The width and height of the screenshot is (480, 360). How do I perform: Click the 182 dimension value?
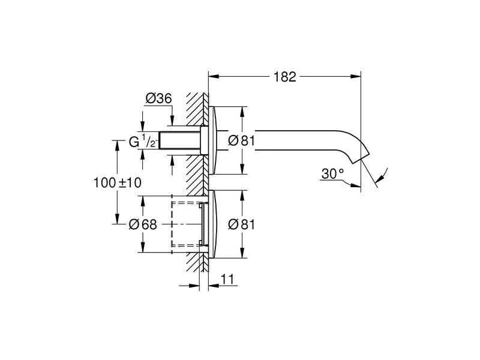[285, 77]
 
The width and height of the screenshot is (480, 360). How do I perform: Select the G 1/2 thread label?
[143, 142]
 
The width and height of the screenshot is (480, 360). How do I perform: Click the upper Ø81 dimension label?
[242, 142]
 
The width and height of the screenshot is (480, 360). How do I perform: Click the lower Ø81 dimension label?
[242, 224]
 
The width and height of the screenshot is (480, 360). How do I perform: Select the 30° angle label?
[332, 173]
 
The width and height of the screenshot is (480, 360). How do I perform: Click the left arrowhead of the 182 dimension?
[212, 76]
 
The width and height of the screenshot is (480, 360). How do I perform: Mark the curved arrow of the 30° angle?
[380, 177]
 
